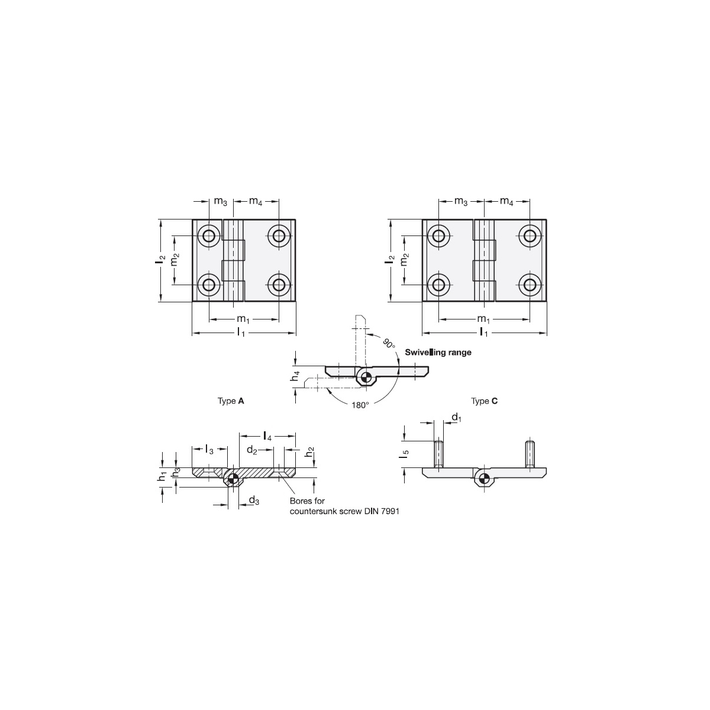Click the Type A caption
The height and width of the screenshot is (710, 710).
231,401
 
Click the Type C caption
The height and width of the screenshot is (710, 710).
484,401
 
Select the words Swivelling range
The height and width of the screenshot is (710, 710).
438,353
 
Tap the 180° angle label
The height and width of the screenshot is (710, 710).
360,405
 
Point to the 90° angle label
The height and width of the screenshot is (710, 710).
389,343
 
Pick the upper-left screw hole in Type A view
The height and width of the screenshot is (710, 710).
209,235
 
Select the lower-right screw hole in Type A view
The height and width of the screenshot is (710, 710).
279,285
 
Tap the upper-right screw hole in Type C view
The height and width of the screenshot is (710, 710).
530,235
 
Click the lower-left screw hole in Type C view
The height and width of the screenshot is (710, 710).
438,285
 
